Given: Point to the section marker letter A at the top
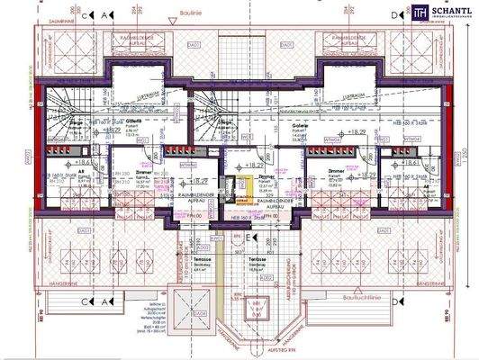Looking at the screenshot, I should click(x=106, y=15).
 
